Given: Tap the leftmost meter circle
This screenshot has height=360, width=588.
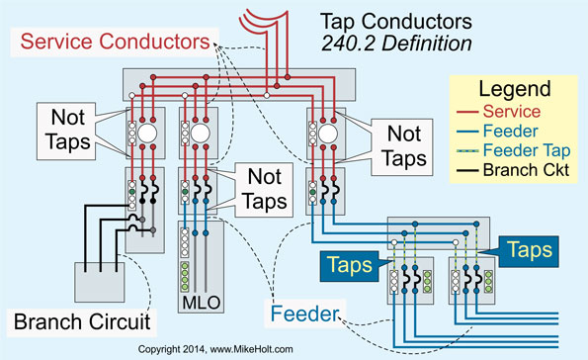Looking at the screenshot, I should [146, 135].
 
